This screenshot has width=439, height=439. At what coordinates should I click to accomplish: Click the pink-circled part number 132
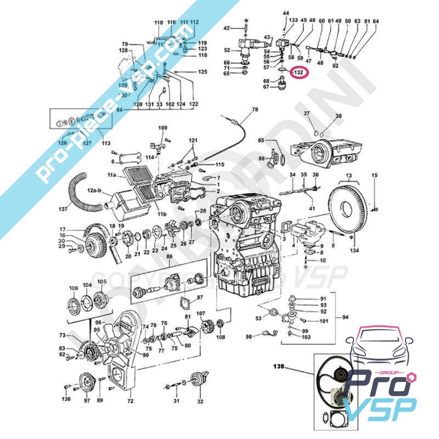tap(299, 72)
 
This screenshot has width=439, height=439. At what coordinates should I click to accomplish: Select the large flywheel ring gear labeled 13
tap(348, 209)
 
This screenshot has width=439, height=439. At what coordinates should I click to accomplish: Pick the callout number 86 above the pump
tap(170, 256)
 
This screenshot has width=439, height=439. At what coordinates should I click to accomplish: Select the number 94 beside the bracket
tap(345, 317)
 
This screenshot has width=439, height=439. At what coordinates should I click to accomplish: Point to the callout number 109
tap(163, 128)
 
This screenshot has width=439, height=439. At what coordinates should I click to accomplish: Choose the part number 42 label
tap(227, 28)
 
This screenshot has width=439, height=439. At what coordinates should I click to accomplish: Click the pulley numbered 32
tap(198, 381)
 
